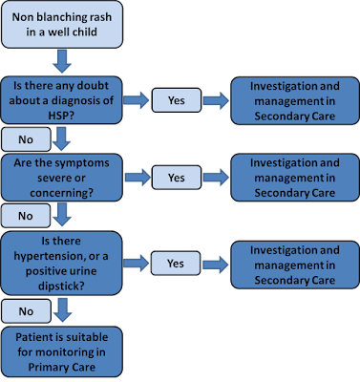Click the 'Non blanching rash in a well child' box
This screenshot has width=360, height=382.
point(62,25)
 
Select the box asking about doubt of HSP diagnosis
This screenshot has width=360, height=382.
point(61,100)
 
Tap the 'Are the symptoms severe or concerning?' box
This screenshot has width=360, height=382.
point(61,178)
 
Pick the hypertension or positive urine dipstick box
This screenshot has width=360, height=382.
point(61,264)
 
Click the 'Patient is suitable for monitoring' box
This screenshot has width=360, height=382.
point(62,351)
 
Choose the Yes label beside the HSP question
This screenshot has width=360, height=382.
point(177,100)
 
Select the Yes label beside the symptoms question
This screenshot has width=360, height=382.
point(177,178)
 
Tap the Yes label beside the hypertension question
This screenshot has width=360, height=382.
point(176,264)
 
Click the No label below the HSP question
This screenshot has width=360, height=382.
point(26,139)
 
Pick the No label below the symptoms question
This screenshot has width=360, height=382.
point(26,216)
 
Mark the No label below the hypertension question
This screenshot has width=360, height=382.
point(26,311)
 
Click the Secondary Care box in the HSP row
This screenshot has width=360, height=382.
point(295,100)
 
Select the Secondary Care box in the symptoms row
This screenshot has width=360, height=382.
point(295,178)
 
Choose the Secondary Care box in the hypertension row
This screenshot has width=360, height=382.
point(295,265)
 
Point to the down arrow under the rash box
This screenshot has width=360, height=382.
point(62,61)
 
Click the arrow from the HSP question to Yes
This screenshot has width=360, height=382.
point(137,100)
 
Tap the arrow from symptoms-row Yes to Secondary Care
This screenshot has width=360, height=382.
point(216,178)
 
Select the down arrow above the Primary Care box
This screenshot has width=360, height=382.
point(62,310)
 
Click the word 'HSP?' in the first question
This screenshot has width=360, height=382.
point(61,116)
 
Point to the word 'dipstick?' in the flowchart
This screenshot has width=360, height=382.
point(61,286)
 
